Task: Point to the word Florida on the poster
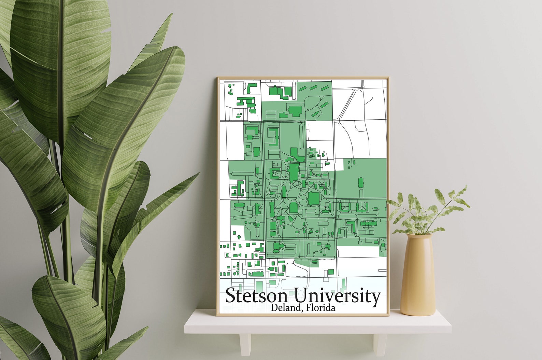click(321, 308)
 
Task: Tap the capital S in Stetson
click(232, 296)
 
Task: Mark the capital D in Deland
click(274, 308)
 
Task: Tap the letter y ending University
click(376, 298)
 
